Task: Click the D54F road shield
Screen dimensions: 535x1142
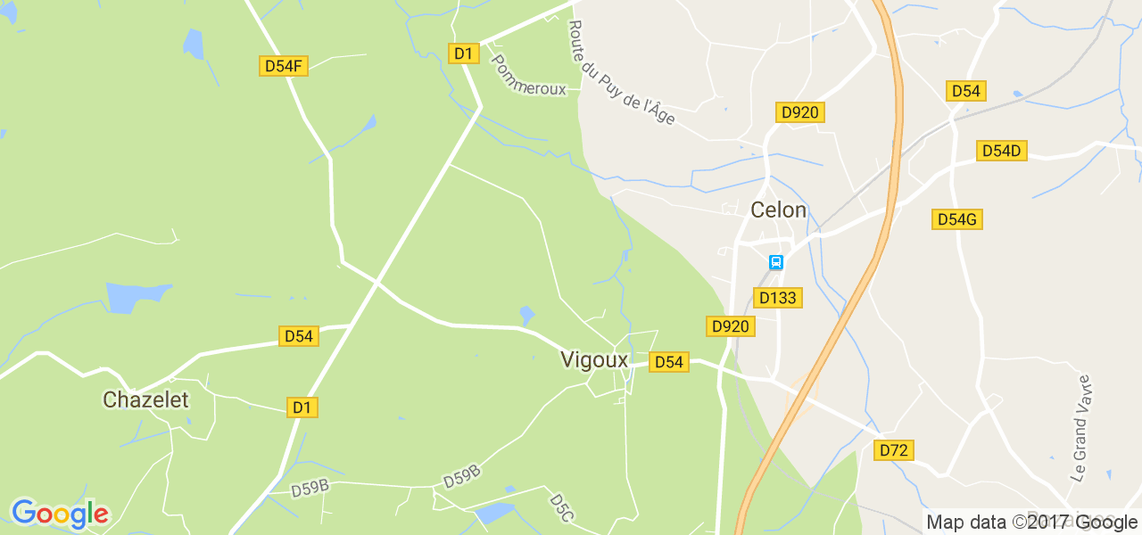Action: (x=284, y=65)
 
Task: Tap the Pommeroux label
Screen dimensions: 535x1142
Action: (x=529, y=77)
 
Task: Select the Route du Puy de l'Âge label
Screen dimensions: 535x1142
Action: (x=622, y=73)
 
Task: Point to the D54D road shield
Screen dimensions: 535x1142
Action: (x=1001, y=151)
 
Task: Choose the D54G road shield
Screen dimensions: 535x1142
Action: (x=957, y=218)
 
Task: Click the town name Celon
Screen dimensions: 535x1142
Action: (x=778, y=210)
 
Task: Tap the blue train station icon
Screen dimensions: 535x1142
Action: (x=776, y=262)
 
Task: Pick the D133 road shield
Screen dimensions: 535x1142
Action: (x=778, y=297)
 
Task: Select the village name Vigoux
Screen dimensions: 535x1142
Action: (x=594, y=359)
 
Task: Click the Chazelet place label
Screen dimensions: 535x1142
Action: (x=145, y=400)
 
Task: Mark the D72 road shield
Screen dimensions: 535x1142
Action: (x=893, y=450)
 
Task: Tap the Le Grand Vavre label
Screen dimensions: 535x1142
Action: (x=1081, y=428)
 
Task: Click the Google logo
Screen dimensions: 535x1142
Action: (x=60, y=514)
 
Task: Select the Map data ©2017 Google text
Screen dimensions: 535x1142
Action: (x=1031, y=523)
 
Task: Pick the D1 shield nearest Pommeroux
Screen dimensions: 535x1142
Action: (x=463, y=53)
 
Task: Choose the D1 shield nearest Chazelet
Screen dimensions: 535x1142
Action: (x=302, y=407)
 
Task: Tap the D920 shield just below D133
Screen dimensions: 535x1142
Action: (x=731, y=326)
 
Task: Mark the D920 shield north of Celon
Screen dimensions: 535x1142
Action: (x=799, y=112)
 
